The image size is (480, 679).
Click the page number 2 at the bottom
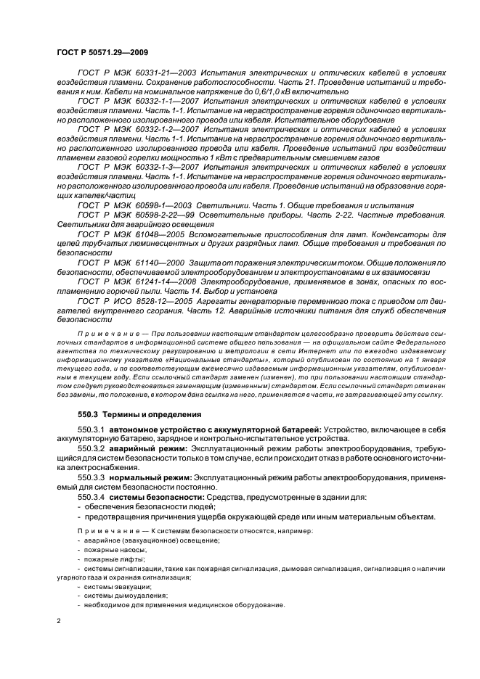pyautogui.click(x=60, y=621)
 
